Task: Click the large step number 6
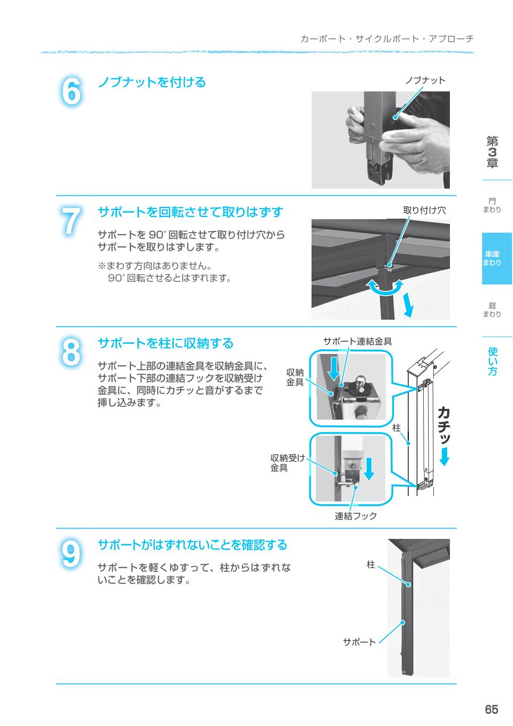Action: (x=71, y=91)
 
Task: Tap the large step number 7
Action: (x=71, y=221)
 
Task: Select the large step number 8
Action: (x=71, y=352)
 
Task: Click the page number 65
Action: (x=491, y=710)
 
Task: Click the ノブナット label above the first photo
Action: (x=425, y=80)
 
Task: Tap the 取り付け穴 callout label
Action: (x=424, y=210)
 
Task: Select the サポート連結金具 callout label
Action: (x=357, y=341)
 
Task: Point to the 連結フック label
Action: (x=355, y=516)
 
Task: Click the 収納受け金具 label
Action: (x=287, y=463)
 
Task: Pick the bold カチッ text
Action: (x=444, y=425)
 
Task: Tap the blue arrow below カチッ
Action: (x=445, y=457)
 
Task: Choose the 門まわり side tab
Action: (x=492, y=205)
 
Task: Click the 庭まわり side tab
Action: (x=492, y=310)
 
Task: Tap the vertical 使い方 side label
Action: (x=493, y=361)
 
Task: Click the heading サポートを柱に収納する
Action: (x=166, y=343)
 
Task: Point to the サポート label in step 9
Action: (x=359, y=642)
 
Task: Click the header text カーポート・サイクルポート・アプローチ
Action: (x=387, y=39)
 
